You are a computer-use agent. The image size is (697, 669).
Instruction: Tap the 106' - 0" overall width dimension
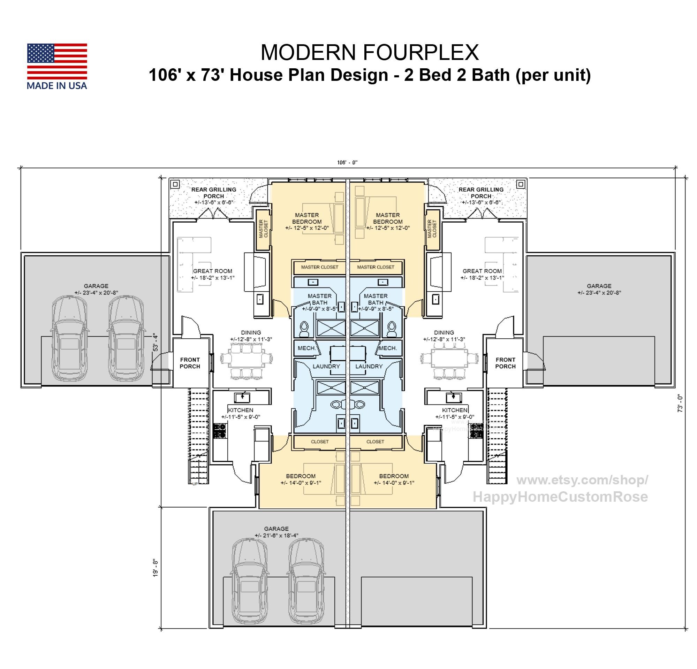click(x=347, y=163)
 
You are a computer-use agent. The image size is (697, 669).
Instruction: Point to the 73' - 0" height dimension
click(x=680, y=403)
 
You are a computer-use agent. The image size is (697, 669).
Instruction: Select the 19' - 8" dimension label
click(x=156, y=568)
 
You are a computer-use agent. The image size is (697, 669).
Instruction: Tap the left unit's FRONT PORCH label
click(x=190, y=363)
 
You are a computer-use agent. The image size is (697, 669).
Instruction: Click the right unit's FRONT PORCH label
click(x=505, y=363)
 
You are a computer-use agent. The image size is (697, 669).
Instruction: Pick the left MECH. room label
click(x=306, y=348)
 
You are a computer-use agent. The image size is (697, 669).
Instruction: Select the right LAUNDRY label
click(x=369, y=366)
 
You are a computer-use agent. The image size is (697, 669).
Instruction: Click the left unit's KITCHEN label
click(x=241, y=410)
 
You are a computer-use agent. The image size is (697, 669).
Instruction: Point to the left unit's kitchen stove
click(x=219, y=430)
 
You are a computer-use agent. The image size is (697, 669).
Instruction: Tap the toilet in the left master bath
click(x=304, y=329)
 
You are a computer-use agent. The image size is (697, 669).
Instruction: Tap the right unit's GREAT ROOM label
click(x=482, y=271)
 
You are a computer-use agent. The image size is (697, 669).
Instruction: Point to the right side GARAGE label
click(x=599, y=286)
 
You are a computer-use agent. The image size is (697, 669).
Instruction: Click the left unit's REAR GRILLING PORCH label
click(x=214, y=193)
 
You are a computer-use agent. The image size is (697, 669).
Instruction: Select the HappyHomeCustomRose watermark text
click(x=560, y=497)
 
